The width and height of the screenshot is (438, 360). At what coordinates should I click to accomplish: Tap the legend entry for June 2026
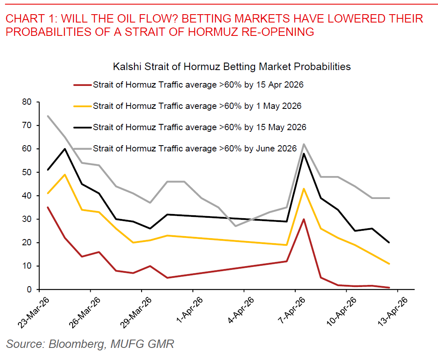[195, 149]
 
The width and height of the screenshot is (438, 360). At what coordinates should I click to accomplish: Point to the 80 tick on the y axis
[28, 102]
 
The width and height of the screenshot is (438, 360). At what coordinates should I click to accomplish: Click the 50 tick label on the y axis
[28, 172]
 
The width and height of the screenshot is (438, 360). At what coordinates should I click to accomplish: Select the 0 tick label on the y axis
[30, 290]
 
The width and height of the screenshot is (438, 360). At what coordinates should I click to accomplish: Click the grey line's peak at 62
[304, 144]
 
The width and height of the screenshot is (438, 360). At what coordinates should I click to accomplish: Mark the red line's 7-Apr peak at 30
[304, 219]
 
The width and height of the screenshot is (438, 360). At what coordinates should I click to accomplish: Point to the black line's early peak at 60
[65, 149]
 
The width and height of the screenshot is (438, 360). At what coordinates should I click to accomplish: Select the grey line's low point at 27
[235, 226]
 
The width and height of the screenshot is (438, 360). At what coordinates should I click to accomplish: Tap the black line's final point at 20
[389, 242]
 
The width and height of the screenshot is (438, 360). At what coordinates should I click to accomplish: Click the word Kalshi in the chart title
[124, 66]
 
